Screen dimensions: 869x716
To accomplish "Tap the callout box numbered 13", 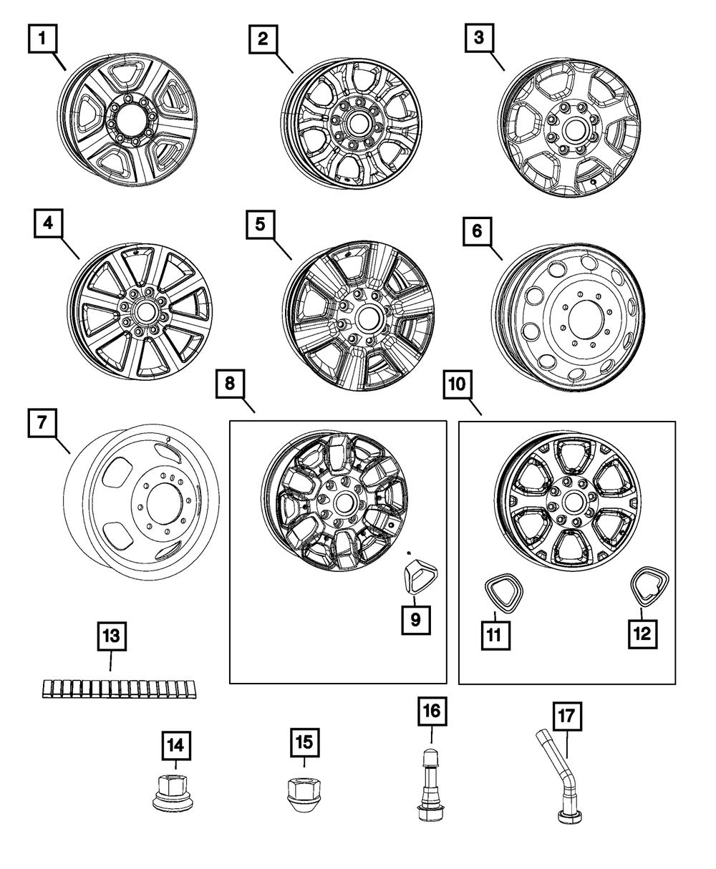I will click(111, 636).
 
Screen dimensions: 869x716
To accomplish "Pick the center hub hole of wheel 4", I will click(143, 313).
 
